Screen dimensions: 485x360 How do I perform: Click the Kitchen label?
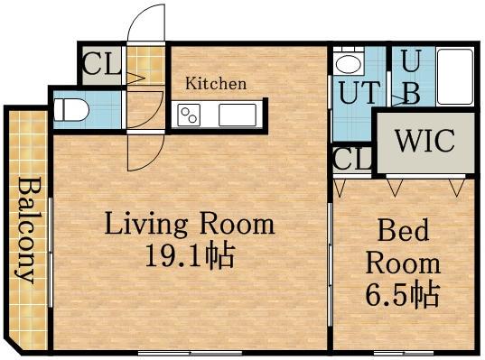216,83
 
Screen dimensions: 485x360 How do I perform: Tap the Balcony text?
25,229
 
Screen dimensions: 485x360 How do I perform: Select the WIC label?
425,141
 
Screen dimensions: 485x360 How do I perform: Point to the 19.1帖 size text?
190,256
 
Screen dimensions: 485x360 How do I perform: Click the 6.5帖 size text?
403,293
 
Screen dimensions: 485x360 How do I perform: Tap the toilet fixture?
71,110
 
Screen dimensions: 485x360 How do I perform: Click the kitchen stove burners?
189,115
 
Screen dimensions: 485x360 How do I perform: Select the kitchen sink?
238,115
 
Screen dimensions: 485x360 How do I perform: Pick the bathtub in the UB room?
455,77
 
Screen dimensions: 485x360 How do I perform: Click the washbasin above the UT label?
349,64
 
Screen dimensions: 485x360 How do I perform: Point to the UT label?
359,92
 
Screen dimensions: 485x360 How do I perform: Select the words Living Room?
190,223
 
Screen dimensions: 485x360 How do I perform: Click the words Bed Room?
403,246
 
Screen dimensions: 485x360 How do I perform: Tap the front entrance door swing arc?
136,15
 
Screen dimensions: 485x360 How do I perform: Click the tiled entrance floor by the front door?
145,65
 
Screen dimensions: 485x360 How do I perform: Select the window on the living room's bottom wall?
190,353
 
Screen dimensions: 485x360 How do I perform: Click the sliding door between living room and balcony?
51,252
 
